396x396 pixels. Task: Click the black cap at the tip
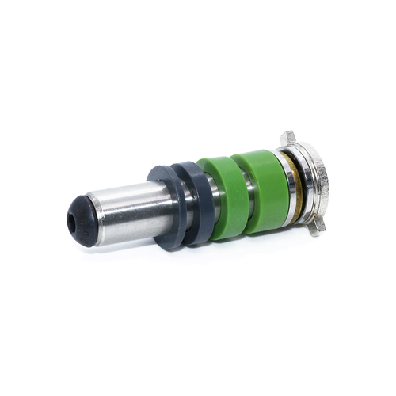[82, 216]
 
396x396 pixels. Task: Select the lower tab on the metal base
[317, 227]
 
